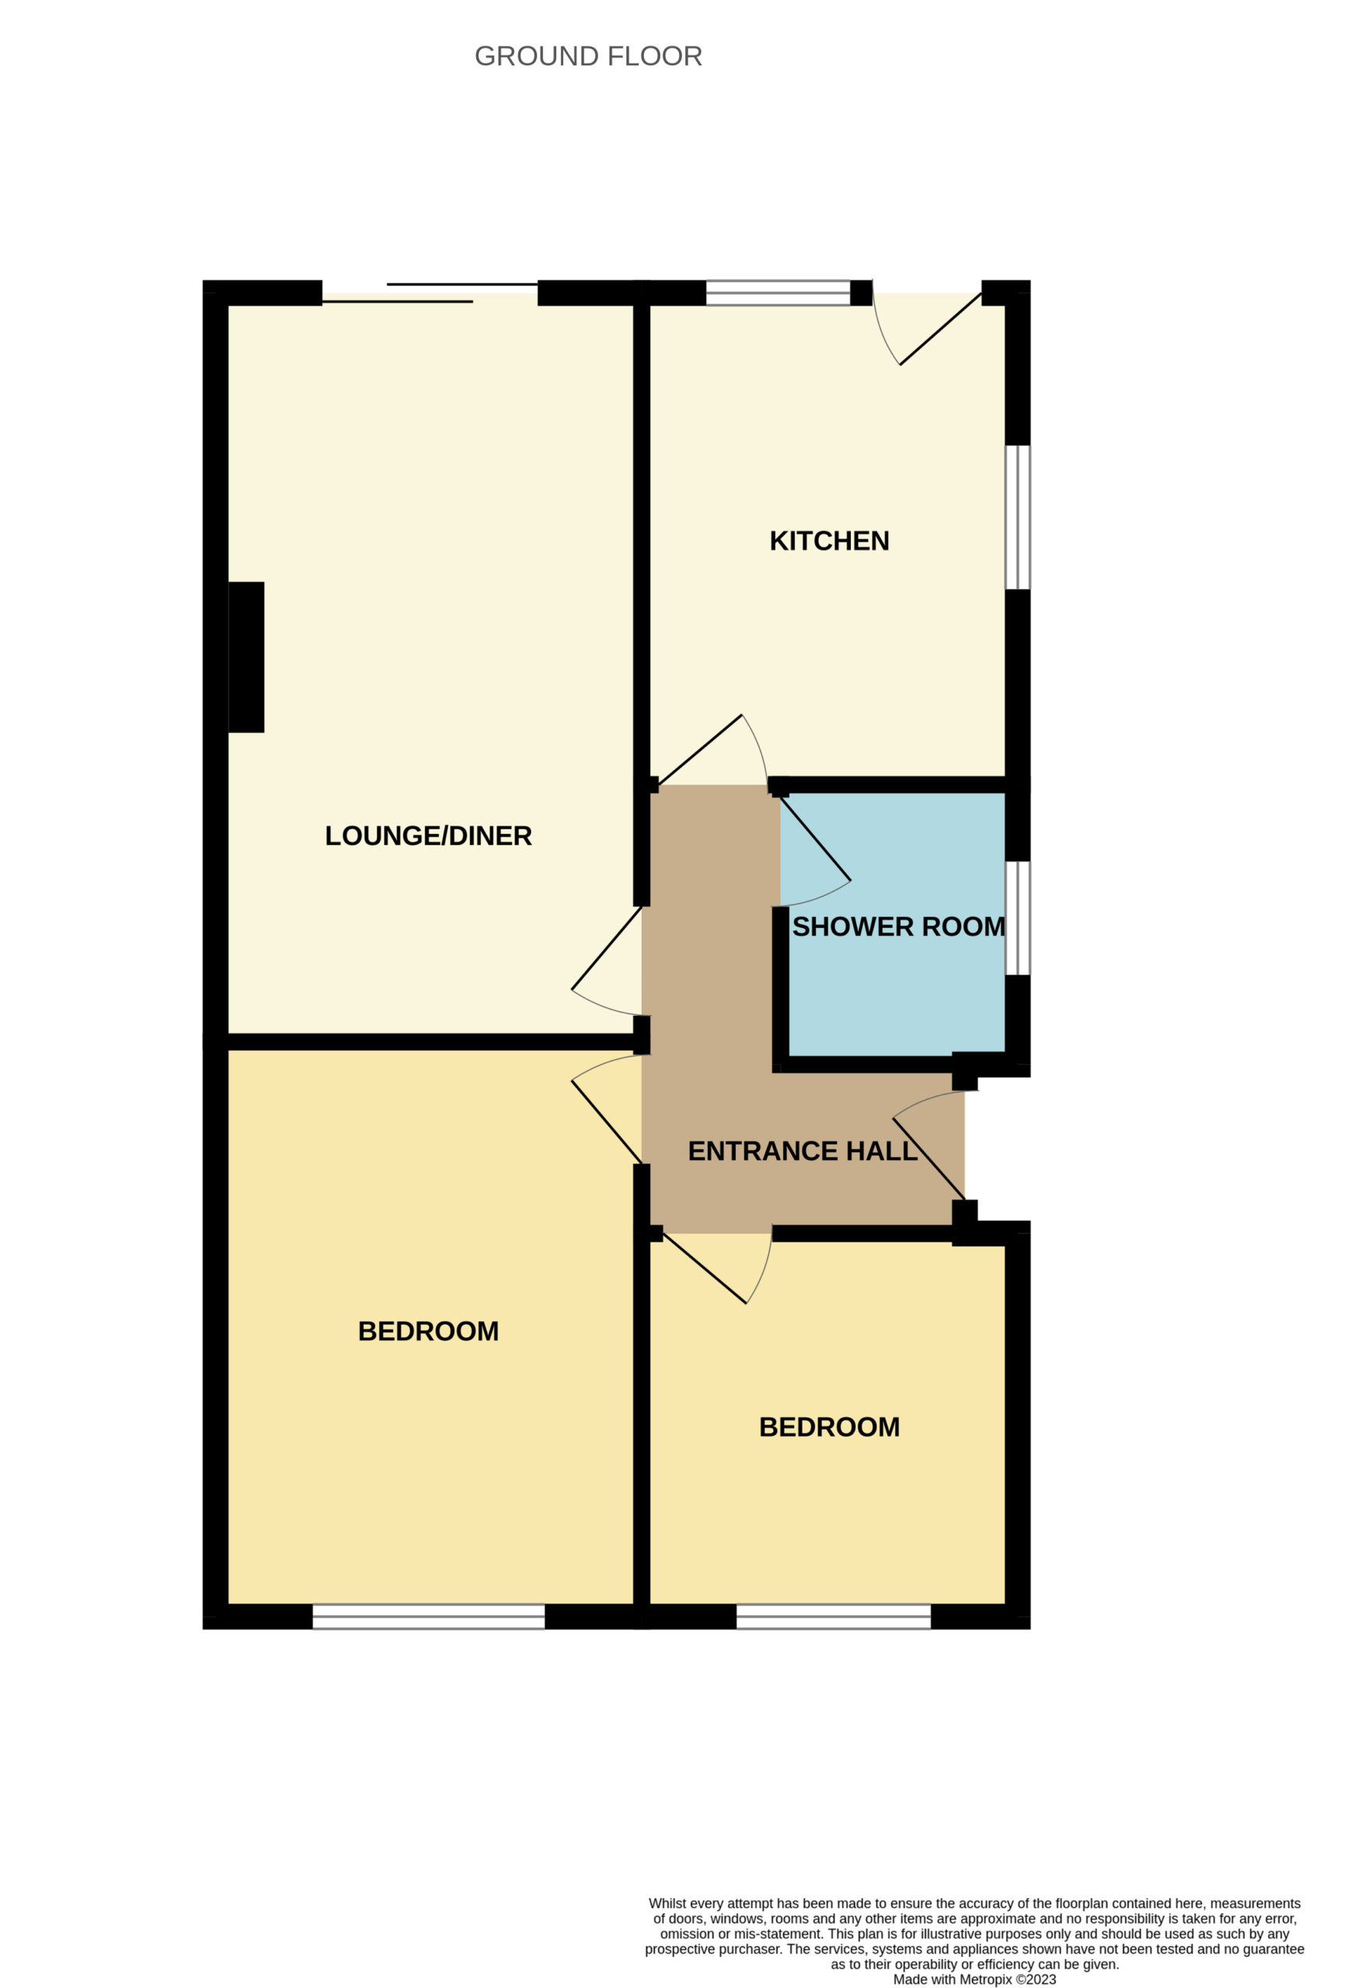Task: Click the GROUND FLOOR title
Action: (x=588, y=57)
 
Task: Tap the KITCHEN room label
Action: (x=829, y=540)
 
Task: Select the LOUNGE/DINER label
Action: (x=428, y=836)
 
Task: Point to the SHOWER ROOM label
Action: (x=899, y=926)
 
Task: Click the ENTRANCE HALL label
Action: (x=803, y=1152)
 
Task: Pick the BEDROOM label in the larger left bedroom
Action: (x=428, y=1331)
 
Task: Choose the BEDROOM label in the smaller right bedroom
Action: (x=829, y=1427)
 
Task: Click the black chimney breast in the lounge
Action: (x=246, y=657)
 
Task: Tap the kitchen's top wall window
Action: (x=778, y=293)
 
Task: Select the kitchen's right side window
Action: (x=1018, y=517)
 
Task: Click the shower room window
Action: (x=1018, y=918)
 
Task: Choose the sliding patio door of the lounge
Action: (x=430, y=293)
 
